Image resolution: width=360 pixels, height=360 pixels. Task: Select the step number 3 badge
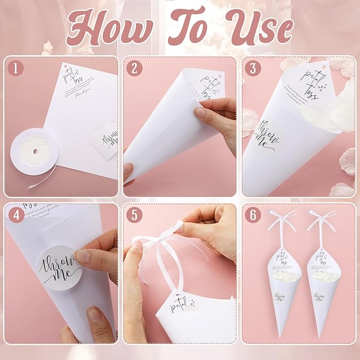point(253,68)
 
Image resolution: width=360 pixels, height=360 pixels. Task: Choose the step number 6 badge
point(253,215)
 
